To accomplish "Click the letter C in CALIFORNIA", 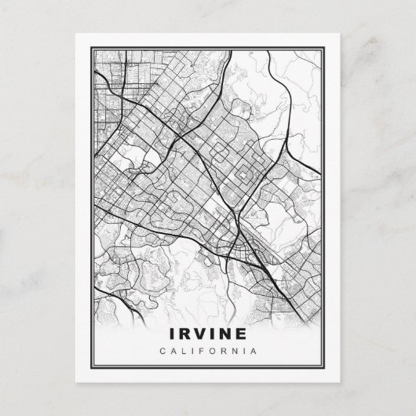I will click(162, 350).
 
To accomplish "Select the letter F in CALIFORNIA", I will click(201, 350).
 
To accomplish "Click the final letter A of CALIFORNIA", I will click(254, 350).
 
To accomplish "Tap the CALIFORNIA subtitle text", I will click(207, 350).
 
